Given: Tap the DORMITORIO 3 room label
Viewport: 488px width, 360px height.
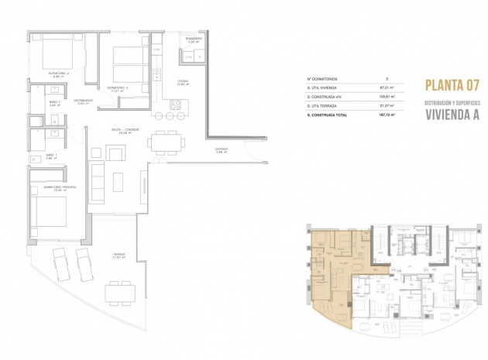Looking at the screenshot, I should pyautogui.click(x=117, y=88).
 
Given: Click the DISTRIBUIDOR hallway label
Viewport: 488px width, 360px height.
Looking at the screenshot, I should pyautogui.click(x=83, y=100).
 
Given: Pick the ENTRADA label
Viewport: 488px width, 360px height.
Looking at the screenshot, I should pyautogui.click(x=221, y=151).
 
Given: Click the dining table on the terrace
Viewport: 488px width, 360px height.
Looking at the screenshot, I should pyautogui.click(x=121, y=291).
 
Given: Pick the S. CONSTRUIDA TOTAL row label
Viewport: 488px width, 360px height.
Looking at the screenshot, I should pyautogui.click(x=328, y=115).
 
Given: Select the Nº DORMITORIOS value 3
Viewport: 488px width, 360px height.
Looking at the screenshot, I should pyautogui.click(x=387, y=79).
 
